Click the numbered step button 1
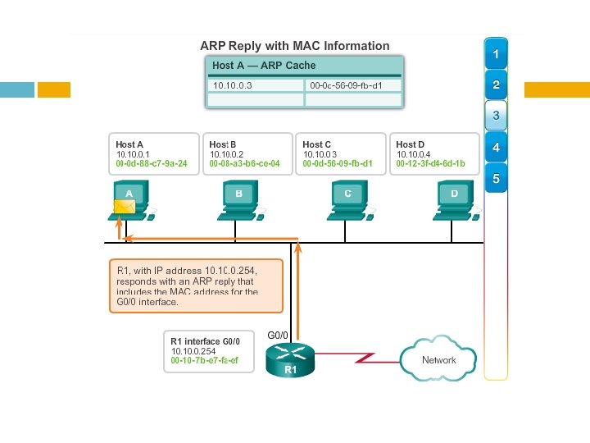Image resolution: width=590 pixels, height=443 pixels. tap(496, 54)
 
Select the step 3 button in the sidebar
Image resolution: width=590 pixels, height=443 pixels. tap(496, 116)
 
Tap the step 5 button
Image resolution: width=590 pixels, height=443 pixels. tap(496, 177)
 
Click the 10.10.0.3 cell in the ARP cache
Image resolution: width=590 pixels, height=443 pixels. tap(254, 84)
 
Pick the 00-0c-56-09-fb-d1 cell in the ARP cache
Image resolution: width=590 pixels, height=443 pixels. tap(352, 84)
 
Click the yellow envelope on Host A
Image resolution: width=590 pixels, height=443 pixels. tap(124, 206)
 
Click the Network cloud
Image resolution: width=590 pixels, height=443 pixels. tap(438, 358)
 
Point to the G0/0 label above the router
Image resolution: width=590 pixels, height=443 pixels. tap(279, 335)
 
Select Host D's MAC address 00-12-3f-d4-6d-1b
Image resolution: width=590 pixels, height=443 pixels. tap(430, 164)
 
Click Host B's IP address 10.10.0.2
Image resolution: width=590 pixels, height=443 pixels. tap(227, 154)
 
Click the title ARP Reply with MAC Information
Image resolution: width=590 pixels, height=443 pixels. tap(295, 45)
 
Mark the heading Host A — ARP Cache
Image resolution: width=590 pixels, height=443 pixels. tap(264, 66)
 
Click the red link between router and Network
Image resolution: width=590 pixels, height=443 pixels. tap(356, 358)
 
